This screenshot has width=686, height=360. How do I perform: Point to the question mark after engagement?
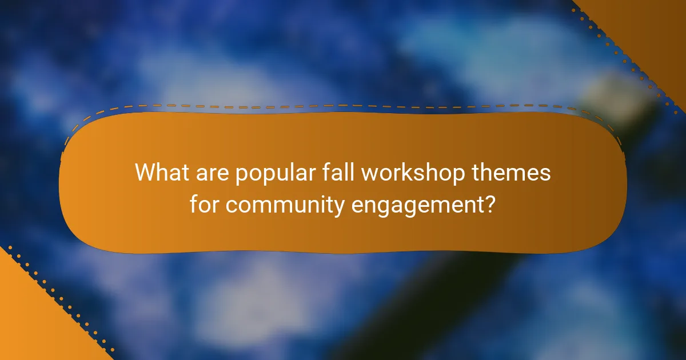(x=489, y=204)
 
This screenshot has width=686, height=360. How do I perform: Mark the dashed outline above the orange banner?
(x=343, y=106)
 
